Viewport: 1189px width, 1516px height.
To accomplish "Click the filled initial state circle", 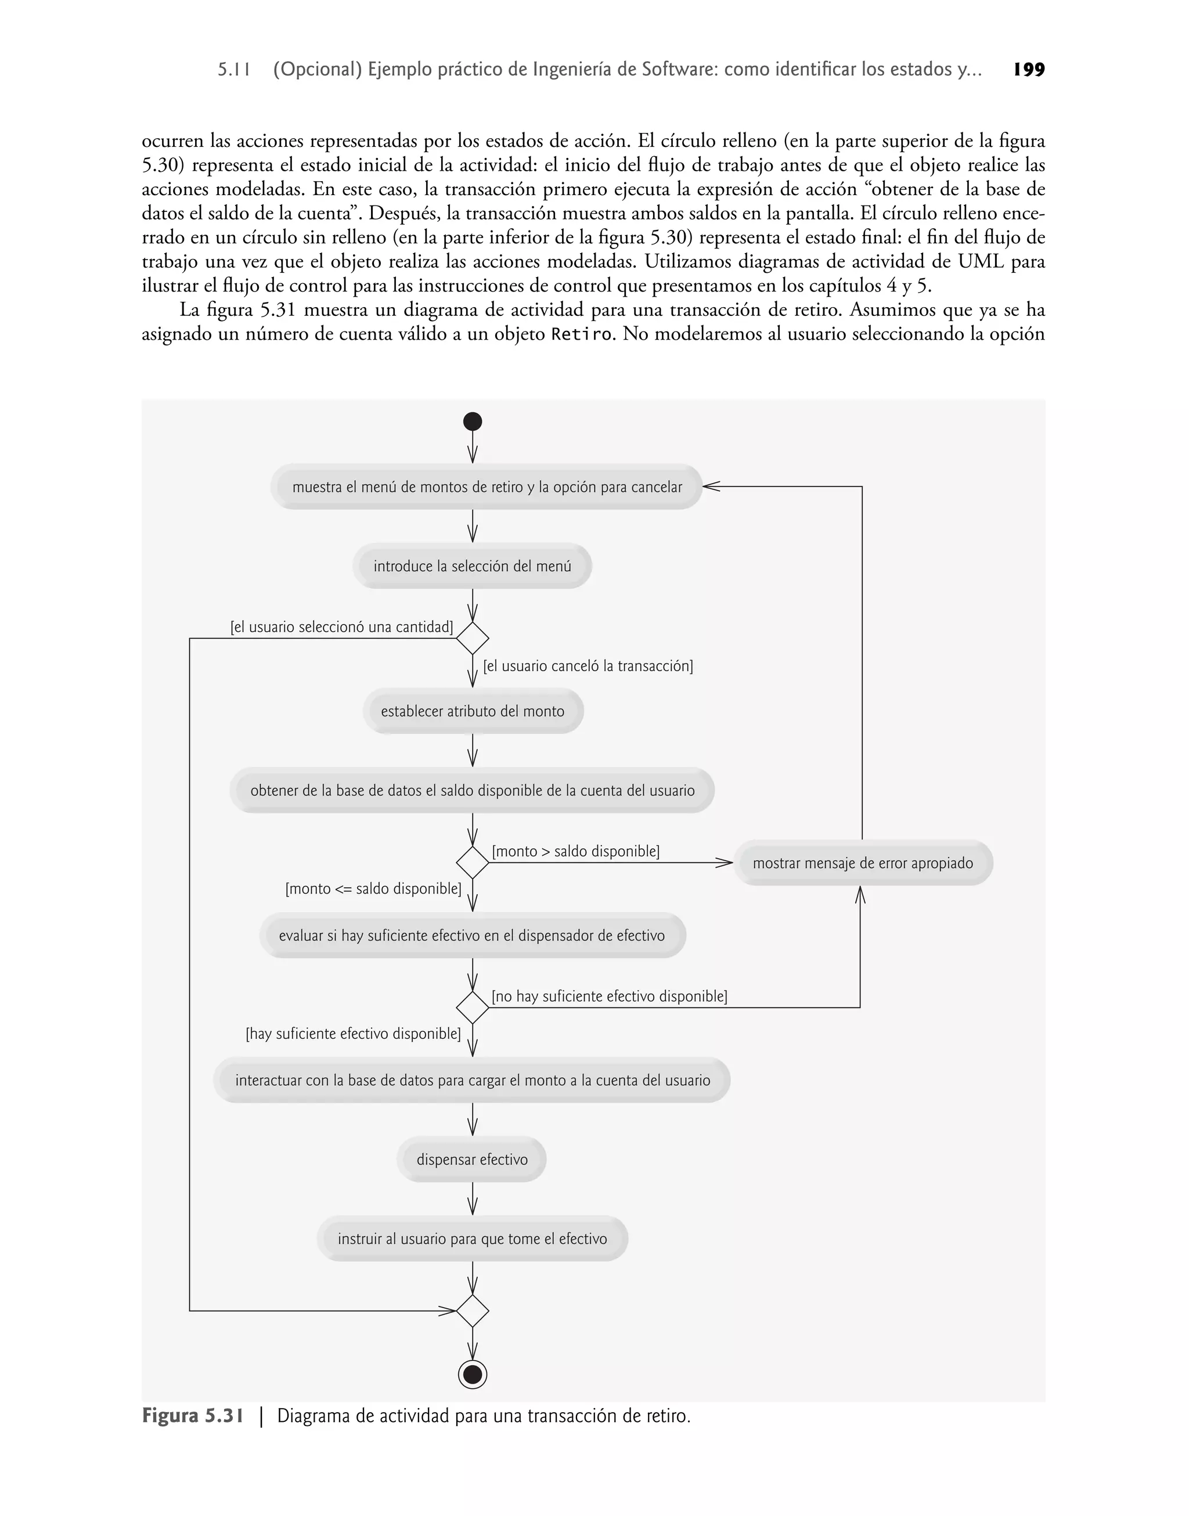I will point(473,421).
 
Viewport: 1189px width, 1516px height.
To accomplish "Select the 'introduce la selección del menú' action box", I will point(472,566).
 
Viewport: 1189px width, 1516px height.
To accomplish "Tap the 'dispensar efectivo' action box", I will point(472,1159).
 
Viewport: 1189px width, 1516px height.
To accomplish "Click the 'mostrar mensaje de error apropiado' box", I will point(863,863).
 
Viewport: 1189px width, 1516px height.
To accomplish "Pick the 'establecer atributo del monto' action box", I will point(473,711).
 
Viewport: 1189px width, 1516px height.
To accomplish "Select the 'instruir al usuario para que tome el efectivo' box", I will point(472,1238).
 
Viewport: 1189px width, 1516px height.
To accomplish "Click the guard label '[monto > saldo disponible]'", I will point(576,851).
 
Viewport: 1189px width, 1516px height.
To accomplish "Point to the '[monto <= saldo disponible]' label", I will point(373,889).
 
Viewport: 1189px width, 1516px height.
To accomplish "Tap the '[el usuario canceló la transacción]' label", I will point(588,666).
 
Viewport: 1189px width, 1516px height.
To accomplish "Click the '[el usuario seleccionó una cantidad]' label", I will point(342,627).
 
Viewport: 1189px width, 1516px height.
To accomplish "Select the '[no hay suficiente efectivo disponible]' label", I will point(609,996).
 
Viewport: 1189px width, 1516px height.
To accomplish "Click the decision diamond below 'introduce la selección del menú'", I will point(473,638).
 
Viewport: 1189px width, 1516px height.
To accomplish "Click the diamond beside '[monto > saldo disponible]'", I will point(473,862).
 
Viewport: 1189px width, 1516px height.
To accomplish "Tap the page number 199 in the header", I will point(1029,70).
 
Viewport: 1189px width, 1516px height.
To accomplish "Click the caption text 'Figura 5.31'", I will point(193,1416).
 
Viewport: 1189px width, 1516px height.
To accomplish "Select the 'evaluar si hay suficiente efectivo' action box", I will point(472,935).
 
